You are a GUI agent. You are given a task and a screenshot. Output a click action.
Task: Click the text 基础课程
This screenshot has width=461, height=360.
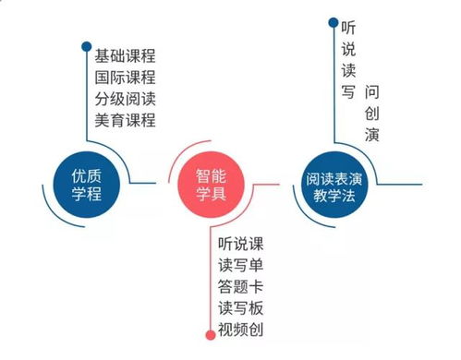click(125, 56)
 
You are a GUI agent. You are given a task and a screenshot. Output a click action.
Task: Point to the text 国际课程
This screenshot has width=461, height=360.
click(125, 78)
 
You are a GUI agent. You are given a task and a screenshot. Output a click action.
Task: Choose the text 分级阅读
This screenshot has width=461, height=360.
click(125, 99)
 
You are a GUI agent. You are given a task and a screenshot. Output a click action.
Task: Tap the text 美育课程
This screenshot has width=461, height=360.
click(125, 120)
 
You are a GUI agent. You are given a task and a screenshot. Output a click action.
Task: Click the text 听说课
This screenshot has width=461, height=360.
click(241, 245)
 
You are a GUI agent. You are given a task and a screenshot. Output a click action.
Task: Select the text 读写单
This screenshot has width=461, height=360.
click(241, 266)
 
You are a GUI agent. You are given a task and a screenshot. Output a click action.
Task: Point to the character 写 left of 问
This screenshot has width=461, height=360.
click(347, 93)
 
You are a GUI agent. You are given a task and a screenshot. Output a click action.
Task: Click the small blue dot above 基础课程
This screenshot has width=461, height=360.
click(86, 45)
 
